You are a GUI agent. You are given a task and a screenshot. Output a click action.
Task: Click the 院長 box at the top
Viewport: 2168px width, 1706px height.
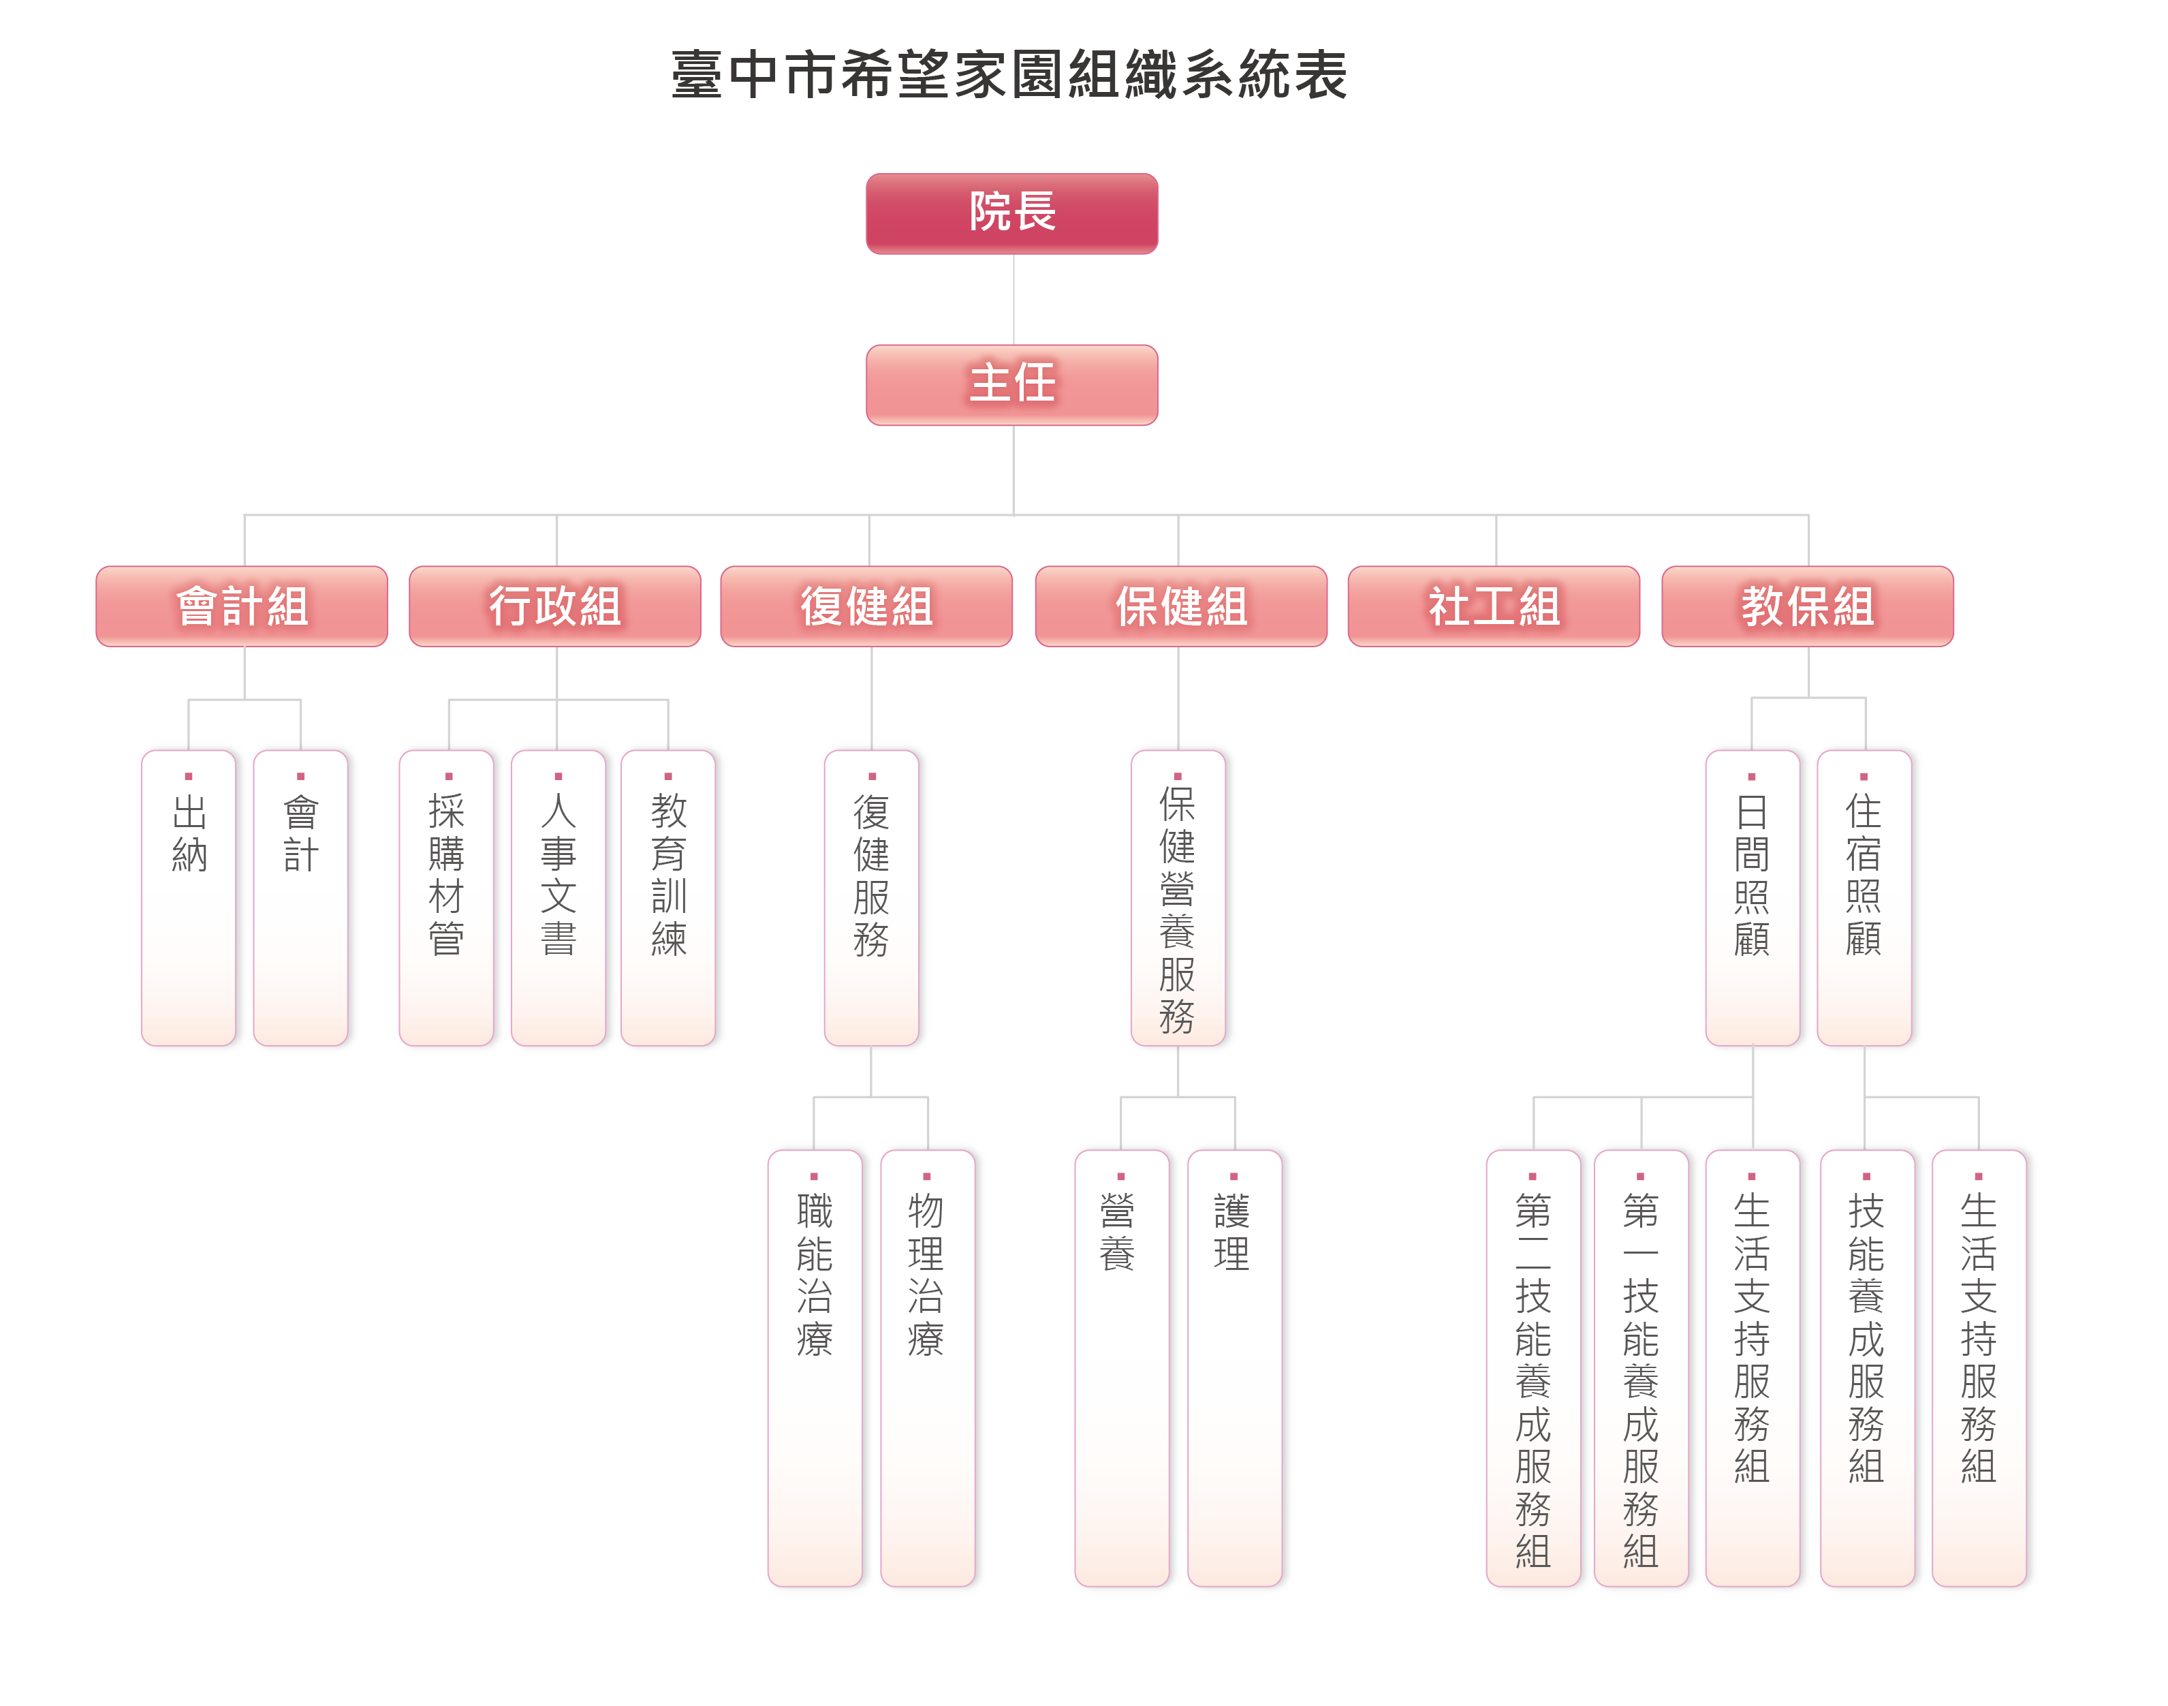pos(1011,213)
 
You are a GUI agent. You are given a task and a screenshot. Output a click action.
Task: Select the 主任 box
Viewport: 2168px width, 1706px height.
pos(1011,384)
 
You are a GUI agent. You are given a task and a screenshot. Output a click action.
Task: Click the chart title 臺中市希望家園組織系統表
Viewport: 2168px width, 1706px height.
pos(1009,76)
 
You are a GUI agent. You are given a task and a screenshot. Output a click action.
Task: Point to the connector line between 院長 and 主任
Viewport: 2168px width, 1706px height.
pos(1013,300)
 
